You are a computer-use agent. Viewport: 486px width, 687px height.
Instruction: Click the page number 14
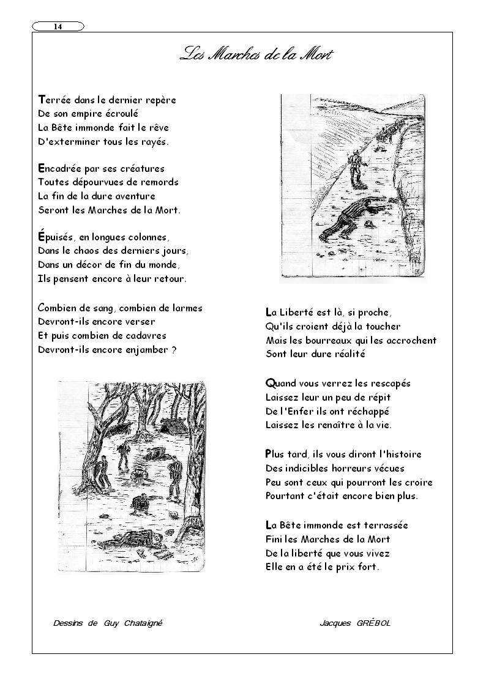point(58,26)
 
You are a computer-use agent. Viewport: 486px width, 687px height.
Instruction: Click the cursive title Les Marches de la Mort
point(256,54)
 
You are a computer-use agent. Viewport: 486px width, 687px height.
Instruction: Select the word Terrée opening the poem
point(58,100)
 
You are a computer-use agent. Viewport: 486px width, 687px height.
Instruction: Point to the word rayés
point(153,142)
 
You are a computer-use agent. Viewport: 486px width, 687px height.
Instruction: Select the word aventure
point(134,196)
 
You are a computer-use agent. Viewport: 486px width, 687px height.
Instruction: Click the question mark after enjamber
point(174,350)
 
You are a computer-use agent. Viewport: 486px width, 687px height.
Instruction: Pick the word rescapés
point(388,384)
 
